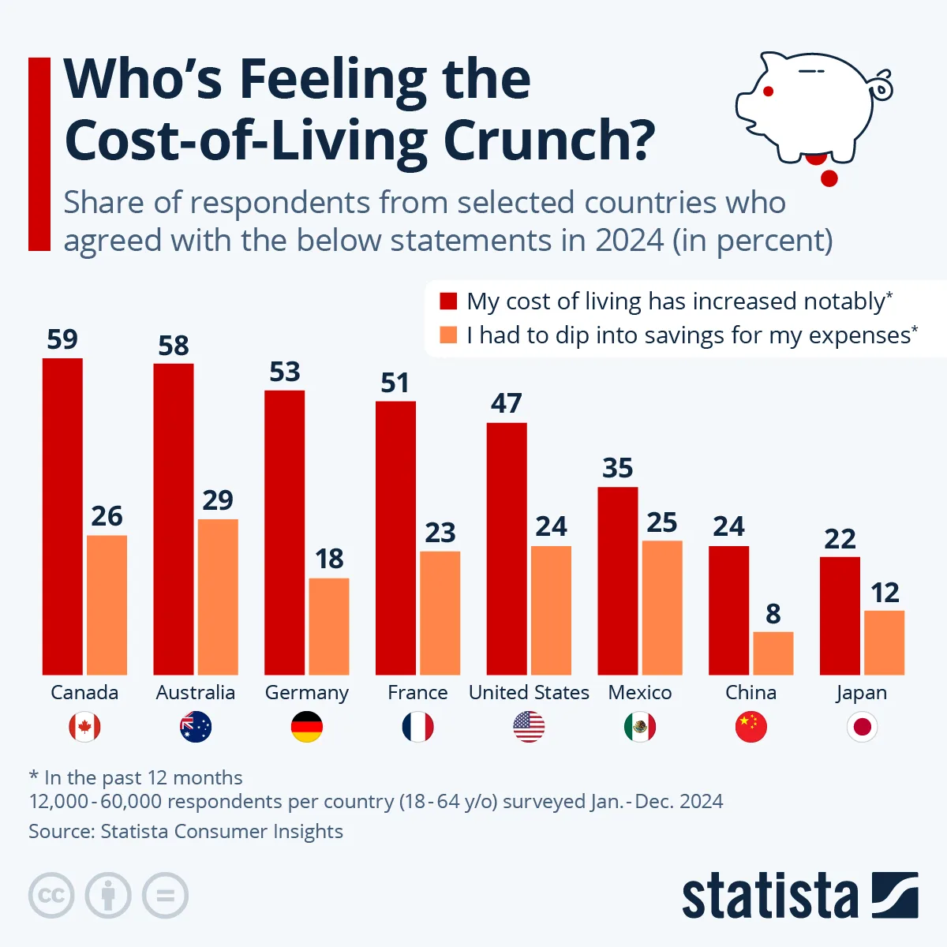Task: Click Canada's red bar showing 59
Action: [62, 516]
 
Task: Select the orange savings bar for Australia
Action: [218, 597]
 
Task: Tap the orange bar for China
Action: [773, 653]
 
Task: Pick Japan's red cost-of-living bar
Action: [840, 616]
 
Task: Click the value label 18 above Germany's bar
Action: [329, 559]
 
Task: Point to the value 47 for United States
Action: [507, 403]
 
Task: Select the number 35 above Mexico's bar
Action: [618, 468]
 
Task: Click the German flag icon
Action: [307, 727]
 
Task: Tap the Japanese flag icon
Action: [862, 727]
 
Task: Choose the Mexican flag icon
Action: [640, 727]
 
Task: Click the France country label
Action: [417, 693]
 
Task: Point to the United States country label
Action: [529, 693]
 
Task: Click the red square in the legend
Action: [448, 301]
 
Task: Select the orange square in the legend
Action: [448, 335]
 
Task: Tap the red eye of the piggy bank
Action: [768, 92]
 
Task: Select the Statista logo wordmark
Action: [769, 896]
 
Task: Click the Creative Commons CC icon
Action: [51, 896]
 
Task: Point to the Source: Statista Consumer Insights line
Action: [186, 832]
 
